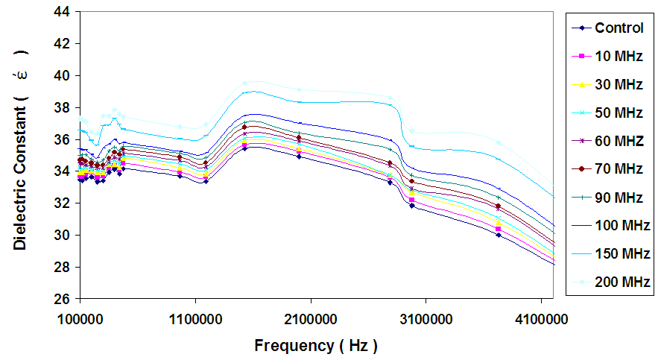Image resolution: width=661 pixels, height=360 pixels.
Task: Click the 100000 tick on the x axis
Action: (x=80, y=318)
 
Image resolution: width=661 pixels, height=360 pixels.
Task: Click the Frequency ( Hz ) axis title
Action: (x=316, y=346)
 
